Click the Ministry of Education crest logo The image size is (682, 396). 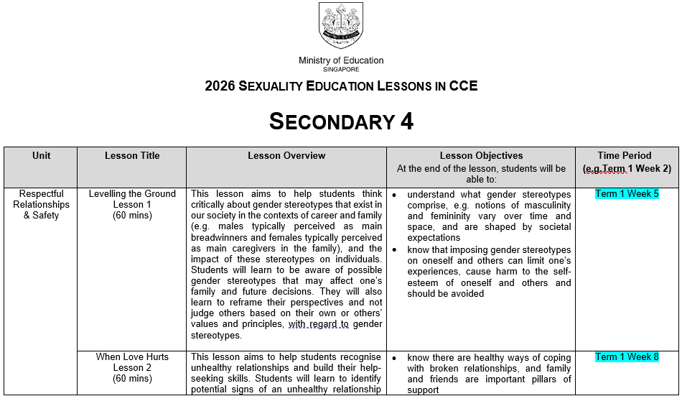pos(341,25)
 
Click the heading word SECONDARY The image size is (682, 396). pos(330,121)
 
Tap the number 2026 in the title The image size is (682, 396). pos(220,86)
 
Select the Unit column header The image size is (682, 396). pos(42,155)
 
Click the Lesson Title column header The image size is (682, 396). pos(132,155)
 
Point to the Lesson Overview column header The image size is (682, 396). pos(286,155)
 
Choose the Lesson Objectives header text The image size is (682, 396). pos(481,155)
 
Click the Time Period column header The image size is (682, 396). pos(625,155)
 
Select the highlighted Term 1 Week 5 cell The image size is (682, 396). pos(627,194)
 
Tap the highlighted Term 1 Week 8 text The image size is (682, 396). pos(627,357)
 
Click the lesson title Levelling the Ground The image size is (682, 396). pos(132,194)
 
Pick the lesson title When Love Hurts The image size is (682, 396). pos(132,357)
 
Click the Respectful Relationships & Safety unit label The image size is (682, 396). pos(42,204)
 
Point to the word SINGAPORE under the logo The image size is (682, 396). pos(341,69)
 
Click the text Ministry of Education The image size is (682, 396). pos(341,60)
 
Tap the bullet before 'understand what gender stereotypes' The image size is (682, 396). pos(395,195)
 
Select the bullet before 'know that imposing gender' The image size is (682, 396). pos(395,250)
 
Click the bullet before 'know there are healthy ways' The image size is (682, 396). pos(395,358)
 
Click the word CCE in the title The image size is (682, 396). pos(463,86)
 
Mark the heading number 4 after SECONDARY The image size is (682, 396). pos(406,121)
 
